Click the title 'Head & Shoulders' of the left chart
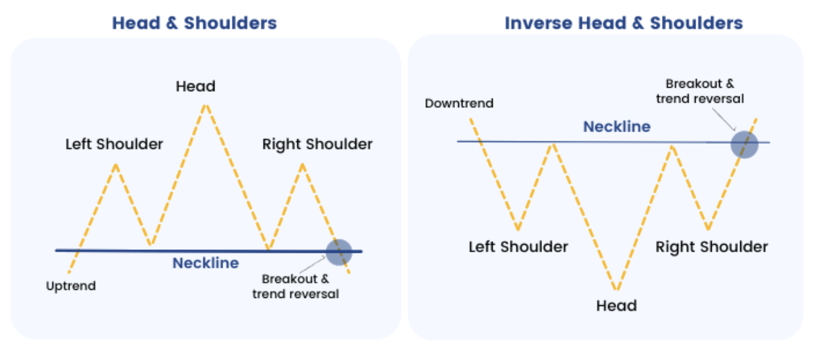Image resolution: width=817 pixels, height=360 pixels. (194, 23)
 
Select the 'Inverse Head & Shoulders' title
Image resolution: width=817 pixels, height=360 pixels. (624, 23)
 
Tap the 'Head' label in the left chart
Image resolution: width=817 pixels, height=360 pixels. (195, 86)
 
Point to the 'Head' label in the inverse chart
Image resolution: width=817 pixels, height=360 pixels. (616, 305)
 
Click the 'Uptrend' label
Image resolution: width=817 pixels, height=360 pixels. (71, 286)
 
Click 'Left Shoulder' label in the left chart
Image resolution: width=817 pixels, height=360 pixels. (114, 144)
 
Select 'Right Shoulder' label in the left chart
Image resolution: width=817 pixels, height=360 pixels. (317, 144)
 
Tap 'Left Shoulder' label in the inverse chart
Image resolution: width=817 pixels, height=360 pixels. (518, 247)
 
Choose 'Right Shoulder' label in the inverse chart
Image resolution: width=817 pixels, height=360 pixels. (711, 247)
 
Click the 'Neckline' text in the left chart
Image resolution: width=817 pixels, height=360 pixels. (206, 263)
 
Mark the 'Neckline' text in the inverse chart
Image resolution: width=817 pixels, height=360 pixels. (617, 127)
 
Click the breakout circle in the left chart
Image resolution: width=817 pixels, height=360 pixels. (338, 251)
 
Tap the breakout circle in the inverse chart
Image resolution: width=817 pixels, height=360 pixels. (745, 144)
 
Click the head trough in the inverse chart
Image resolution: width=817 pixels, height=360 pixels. (616, 290)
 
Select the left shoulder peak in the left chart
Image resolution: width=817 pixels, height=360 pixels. (117, 164)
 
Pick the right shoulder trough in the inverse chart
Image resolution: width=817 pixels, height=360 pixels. (708, 229)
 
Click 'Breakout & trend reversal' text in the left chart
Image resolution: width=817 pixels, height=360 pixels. (295, 286)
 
